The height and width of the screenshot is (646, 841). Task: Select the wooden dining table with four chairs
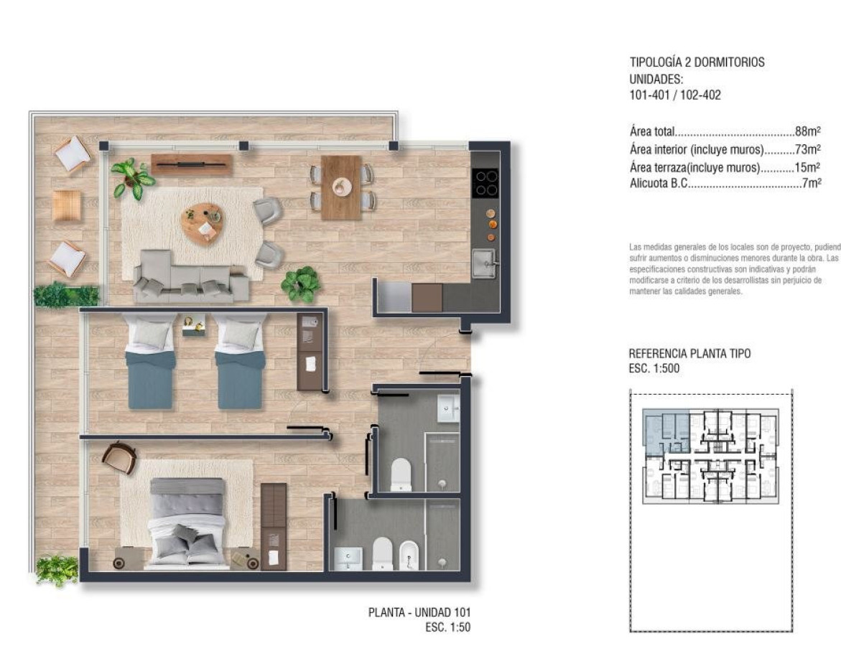[341, 187]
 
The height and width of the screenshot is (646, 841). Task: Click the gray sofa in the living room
[191, 276]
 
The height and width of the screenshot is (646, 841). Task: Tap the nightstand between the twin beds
[193, 327]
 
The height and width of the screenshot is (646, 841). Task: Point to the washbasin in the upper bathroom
[447, 409]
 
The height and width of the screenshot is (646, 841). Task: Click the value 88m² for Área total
[807, 131]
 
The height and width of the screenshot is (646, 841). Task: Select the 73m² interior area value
[807, 149]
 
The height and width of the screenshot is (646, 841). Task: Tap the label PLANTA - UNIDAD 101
[419, 613]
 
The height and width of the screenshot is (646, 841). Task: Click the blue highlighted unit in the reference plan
[666, 431]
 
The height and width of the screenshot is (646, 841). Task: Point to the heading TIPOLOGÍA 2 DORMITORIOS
[697, 62]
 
